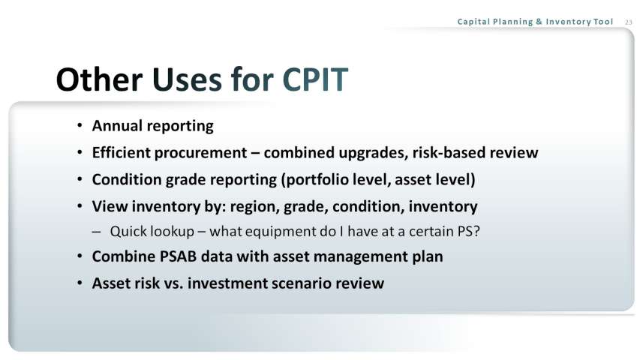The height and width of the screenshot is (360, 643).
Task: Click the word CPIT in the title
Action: (315, 79)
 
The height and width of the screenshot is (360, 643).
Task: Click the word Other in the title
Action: (99, 79)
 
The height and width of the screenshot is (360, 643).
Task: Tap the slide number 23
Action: (629, 22)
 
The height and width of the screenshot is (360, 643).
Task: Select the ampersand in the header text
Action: (539, 22)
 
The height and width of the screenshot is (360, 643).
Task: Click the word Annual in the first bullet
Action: (118, 125)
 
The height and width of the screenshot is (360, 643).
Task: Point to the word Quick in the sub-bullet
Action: (126, 231)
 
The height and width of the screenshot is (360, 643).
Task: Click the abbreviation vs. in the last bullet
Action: (173, 283)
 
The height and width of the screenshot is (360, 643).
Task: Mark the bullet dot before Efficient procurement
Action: (80, 152)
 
